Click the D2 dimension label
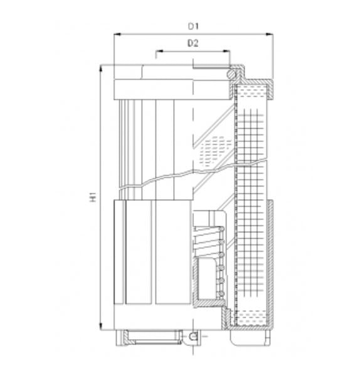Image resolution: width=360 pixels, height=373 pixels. (x=193, y=43)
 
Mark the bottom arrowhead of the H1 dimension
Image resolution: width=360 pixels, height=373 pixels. (x=101, y=327)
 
